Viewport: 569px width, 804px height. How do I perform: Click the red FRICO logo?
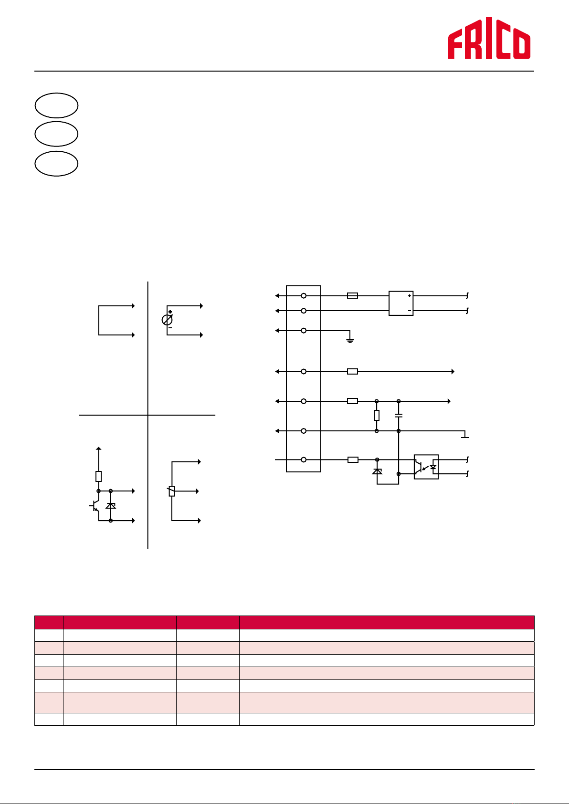[489, 38]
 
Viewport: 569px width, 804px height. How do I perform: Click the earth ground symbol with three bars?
[350, 341]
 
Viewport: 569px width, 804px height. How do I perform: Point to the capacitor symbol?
[399, 416]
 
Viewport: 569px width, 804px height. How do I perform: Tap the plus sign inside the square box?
[409, 296]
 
